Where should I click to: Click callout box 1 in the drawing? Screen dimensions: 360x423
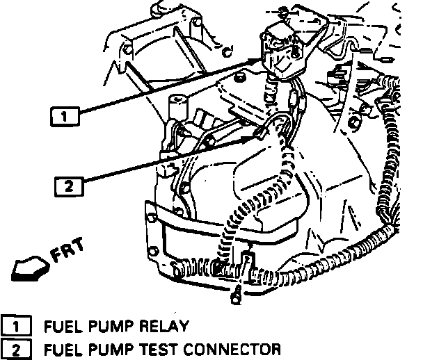64,117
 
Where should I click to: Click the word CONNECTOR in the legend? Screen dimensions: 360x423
230,347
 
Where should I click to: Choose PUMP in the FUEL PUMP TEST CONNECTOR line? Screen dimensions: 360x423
108,347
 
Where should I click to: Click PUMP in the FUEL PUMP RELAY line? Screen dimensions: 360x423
108,325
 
